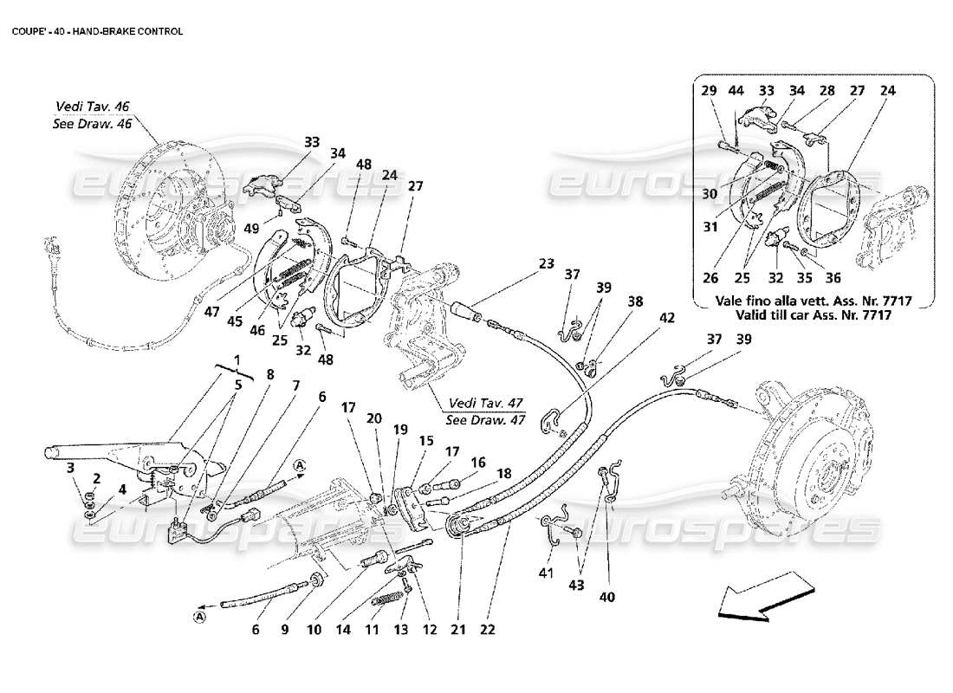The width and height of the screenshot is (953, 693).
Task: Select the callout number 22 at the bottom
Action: point(487,630)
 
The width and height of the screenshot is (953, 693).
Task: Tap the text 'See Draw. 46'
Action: point(92,123)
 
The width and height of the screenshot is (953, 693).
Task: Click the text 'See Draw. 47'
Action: point(485,419)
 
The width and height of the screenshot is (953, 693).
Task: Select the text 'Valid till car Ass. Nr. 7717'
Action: point(813,314)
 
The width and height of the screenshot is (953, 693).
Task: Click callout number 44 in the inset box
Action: point(736,90)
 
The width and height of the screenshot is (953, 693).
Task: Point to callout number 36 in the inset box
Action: point(833,279)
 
